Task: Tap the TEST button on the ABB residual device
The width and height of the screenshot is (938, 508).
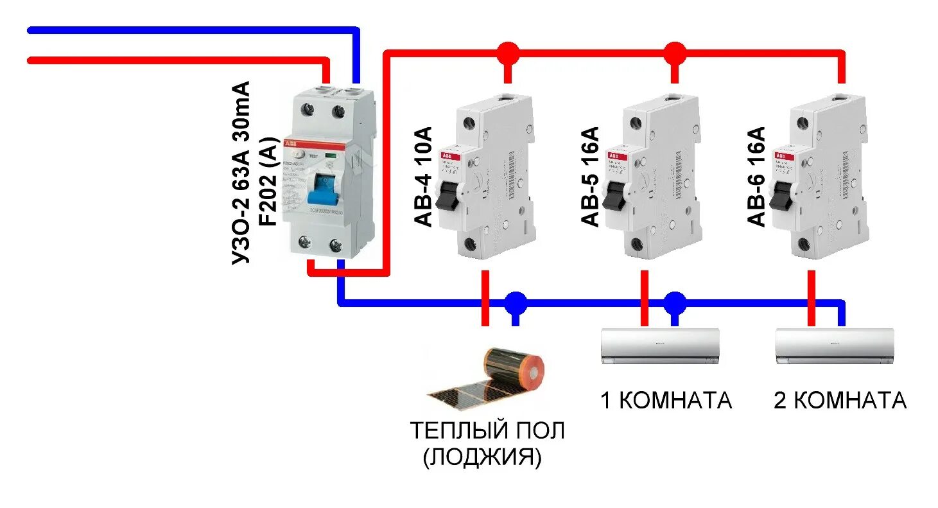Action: tap(299, 154)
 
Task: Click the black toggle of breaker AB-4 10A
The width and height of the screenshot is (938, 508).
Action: tap(447, 195)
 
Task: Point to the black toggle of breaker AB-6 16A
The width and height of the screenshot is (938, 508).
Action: tap(783, 195)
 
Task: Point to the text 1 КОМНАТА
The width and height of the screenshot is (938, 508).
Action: tap(666, 400)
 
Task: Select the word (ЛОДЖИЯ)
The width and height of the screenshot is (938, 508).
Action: tap(483, 457)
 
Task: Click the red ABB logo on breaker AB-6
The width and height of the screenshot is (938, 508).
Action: tap(781, 156)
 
